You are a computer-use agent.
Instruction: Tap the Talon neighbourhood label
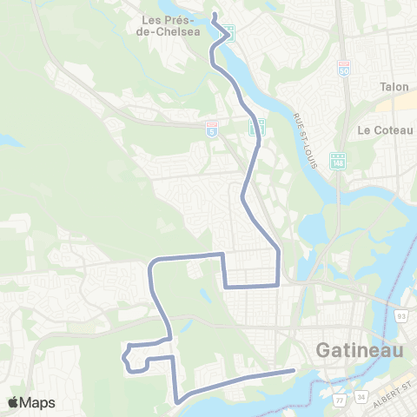394,87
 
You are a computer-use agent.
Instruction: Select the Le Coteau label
382,129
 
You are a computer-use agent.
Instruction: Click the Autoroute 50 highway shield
344,68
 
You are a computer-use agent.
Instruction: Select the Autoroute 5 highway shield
210,129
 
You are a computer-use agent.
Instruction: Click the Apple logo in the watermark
13,402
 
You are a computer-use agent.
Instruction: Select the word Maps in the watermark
37,402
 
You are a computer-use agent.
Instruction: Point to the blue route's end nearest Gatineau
295,371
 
